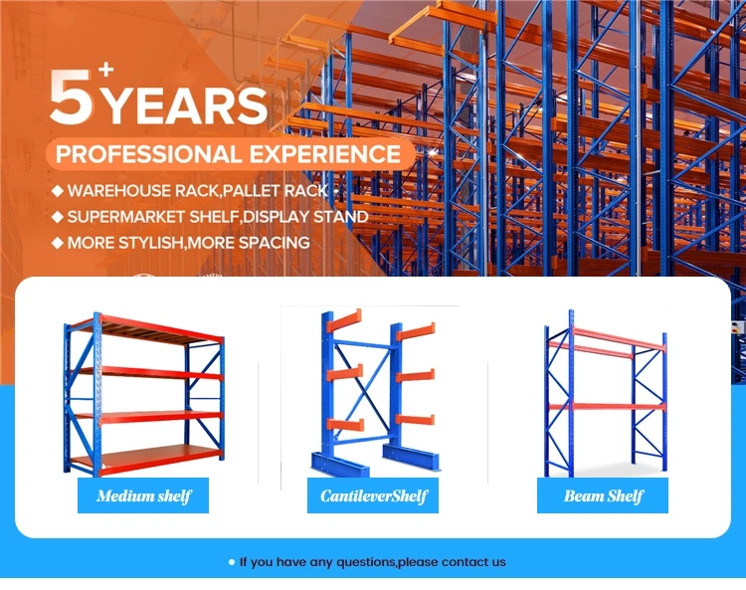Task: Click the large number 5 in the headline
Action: (x=71, y=97)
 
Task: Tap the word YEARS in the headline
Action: (x=186, y=105)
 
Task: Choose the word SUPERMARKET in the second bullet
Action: (x=125, y=216)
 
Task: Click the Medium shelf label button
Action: (x=143, y=495)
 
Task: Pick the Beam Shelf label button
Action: (x=603, y=495)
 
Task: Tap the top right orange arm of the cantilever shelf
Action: (x=416, y=328)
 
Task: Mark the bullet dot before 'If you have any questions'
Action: (x=232, y=562)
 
